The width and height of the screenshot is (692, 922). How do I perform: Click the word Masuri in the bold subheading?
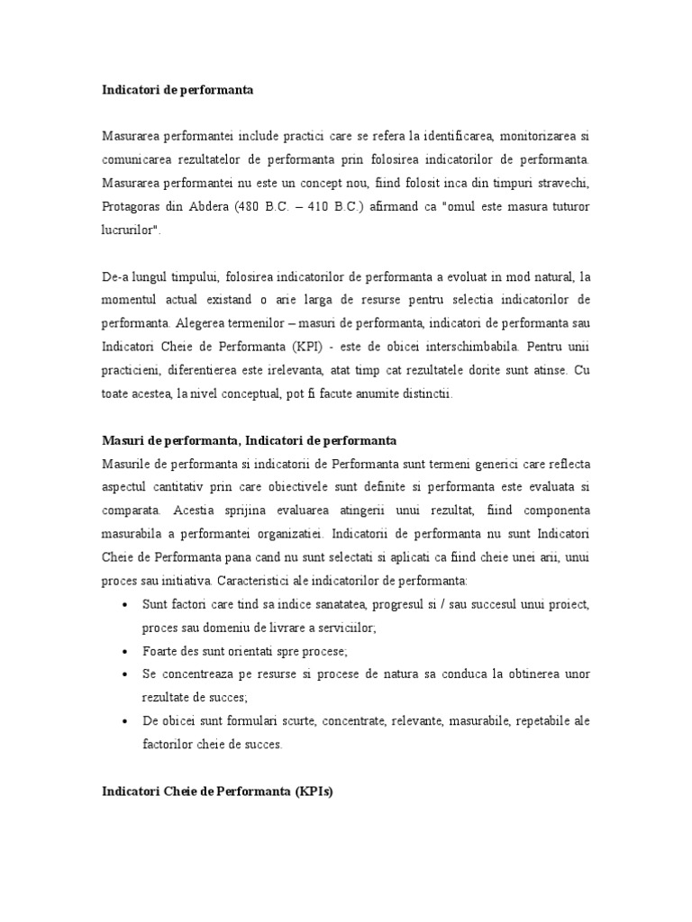click(x=122, y=440)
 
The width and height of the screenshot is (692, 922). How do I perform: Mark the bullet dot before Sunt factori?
click(x=122, y=604)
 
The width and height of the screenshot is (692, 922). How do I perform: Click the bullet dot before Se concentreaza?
click(x=122, y=673)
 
